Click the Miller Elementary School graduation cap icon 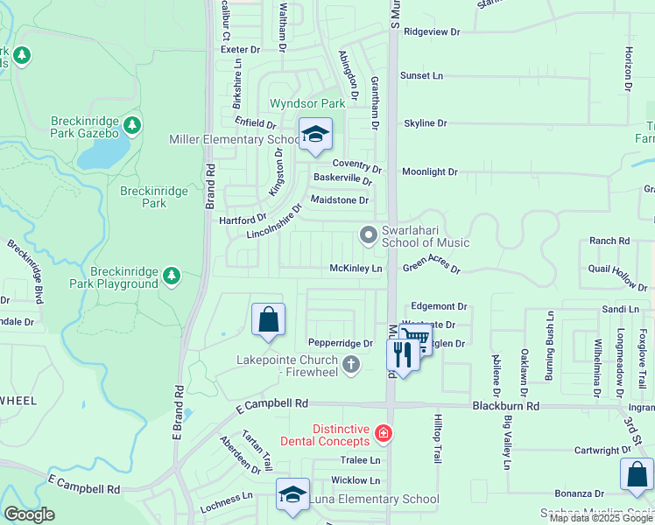[315, 135]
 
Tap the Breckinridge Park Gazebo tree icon [132, 125]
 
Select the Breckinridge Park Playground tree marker [172, 276]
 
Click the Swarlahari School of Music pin [368, 234]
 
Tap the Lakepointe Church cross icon [350, 364]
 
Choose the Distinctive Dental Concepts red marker [382, 432]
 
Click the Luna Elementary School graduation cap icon [292, 494]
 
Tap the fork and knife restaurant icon [403, 354]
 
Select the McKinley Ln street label [356, 269]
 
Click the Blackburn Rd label [506, 406]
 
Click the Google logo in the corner [28, 514]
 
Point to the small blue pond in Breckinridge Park [103, 154]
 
